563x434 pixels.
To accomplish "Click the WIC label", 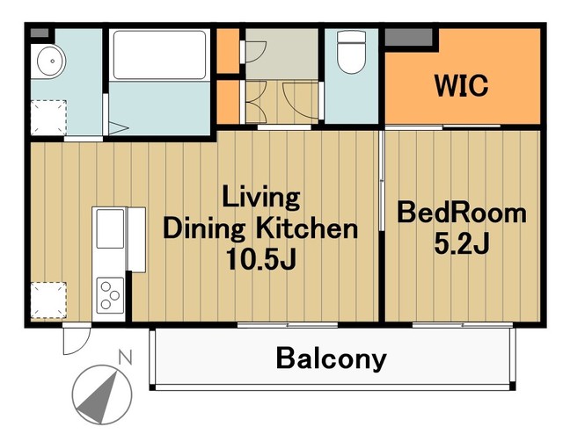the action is pos(461,85).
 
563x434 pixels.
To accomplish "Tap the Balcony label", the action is pos(331,358).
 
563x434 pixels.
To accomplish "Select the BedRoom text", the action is pos(462,213).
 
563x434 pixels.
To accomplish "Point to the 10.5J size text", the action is pos(261,259).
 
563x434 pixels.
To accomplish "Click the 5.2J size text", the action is pos(462,243).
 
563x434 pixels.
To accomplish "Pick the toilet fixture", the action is pos(352,52).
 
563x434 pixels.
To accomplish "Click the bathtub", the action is pos(159,54).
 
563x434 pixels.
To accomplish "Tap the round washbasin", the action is pos(51,61).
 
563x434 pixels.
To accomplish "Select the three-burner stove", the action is pos(110,295).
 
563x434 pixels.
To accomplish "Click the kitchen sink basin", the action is pos(110,228).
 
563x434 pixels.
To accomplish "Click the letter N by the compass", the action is pos(126,358).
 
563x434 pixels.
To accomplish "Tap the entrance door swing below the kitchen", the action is pos(77,339).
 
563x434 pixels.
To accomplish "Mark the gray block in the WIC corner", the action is pos(408,37).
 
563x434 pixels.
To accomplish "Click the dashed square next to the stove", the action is pos(48,300).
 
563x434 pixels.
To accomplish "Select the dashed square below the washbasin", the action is pos(48,118).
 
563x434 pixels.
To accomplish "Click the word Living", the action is pos(261,197).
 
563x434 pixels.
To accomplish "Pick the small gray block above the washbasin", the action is pos(40,33).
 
